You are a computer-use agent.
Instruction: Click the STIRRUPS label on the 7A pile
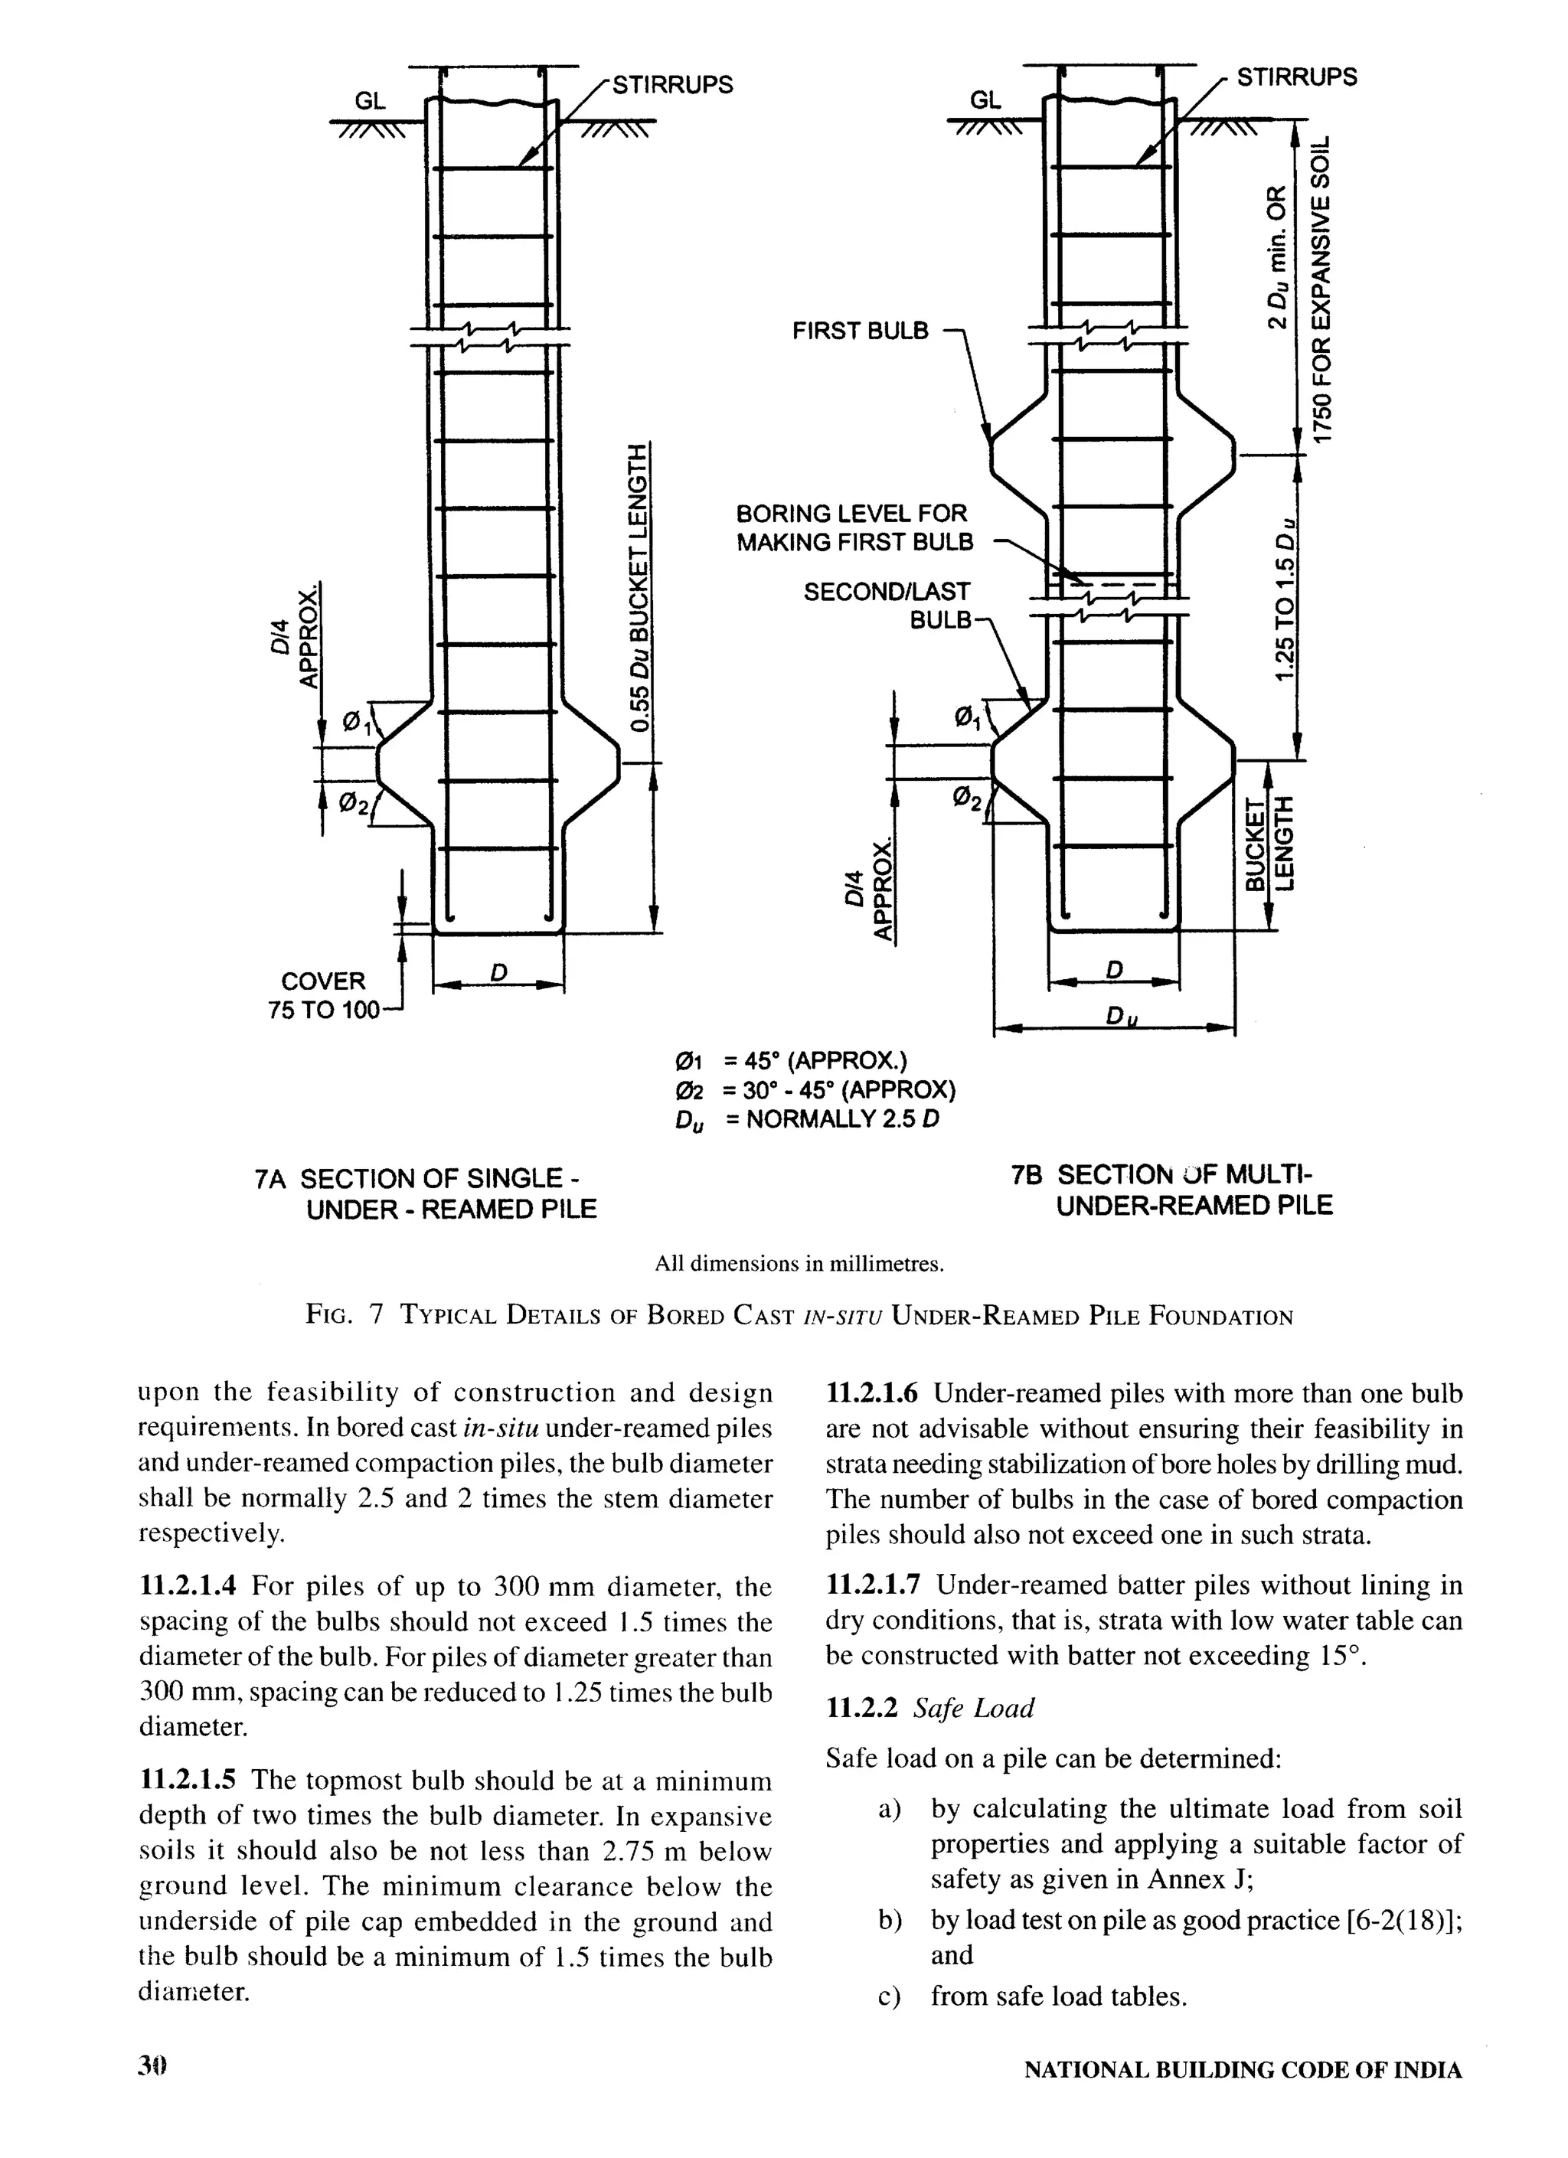point(671,86)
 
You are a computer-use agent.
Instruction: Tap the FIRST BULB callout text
point(860,331)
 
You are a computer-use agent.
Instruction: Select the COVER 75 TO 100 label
point(324,995)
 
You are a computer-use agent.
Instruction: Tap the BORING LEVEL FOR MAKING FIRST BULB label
point(854,528)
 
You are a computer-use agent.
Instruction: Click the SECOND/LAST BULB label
point(887,606)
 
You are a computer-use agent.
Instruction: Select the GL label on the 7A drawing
point(370,101)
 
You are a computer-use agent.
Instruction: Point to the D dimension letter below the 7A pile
point(498,972)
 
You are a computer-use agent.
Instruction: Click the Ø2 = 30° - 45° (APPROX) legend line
point(815,1090)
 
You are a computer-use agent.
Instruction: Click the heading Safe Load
point(973,1708)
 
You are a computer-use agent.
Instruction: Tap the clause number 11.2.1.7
point(873,1585)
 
